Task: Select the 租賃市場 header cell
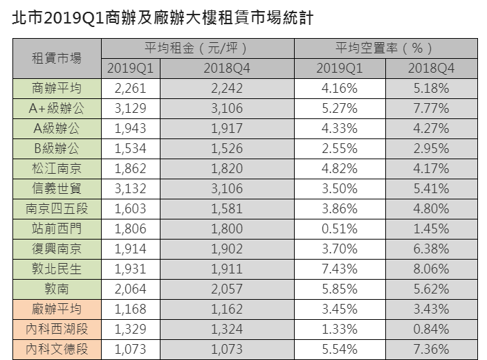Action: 57,58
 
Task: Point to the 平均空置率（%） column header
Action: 385,48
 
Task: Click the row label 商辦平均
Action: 57,88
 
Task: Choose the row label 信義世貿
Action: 57,188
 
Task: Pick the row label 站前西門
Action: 57,228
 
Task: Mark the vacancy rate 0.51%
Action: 339,228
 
